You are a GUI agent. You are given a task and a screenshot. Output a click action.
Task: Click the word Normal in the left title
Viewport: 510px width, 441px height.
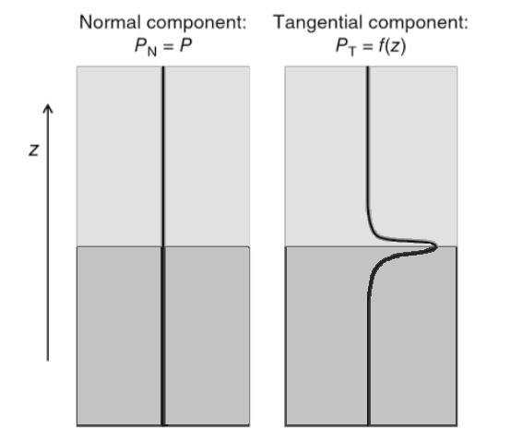click(x=111, y=22)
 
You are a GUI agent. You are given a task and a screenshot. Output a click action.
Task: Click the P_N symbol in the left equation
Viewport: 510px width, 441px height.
click(x=146, y=47)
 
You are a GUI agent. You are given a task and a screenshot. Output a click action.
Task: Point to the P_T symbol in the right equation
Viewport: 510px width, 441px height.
click(x=346, y=47)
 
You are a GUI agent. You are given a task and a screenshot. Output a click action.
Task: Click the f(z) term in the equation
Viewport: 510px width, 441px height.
click(x=393, y=46)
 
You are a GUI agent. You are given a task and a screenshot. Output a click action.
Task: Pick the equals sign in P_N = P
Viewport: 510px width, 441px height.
click(x=168, y=46)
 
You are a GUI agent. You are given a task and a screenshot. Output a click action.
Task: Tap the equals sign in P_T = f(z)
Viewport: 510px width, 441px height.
click(x=368, y=46)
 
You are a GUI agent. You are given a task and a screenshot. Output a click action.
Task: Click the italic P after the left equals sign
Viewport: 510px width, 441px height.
click(x=185, y=45)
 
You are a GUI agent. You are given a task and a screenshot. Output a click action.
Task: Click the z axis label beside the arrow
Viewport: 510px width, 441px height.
click(x=34, y=150)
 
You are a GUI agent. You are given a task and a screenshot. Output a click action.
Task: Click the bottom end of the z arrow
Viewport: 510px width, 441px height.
click(x=48, y=361)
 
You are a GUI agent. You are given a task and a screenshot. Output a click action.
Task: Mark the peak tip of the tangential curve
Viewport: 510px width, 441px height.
click(x=436, y=246)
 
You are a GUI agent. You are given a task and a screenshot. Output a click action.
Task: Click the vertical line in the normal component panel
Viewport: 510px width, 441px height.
click(x=163, y=245)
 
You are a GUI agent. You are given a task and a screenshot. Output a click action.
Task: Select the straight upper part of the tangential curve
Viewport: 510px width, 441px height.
click(x=368, y=137)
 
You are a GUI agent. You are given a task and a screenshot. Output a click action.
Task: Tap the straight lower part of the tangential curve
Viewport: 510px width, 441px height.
click(x=369, y=358)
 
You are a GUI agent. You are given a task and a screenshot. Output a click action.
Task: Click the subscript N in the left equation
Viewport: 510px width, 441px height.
click(x=152, y=52)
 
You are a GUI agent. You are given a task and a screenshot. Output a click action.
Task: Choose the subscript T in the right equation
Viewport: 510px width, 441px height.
click(x=352, y=52)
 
